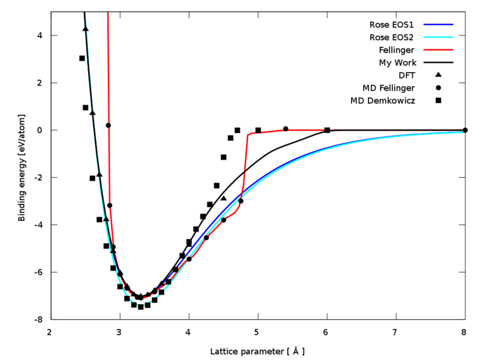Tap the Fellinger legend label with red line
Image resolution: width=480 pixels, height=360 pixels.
397,50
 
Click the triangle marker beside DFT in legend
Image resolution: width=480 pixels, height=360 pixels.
438,75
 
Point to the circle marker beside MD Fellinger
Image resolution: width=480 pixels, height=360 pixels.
438,88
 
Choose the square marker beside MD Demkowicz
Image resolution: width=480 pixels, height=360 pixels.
438,100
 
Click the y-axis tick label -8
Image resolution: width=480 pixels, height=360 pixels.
38,319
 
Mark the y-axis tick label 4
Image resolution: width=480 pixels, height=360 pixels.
40,35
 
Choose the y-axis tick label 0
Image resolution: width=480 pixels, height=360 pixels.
40,130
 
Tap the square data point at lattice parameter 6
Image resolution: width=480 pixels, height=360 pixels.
327,130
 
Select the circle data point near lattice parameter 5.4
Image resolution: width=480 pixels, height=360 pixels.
286,129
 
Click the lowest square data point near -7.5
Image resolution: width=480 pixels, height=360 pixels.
140,307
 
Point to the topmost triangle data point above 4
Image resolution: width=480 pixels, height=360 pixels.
85,29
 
